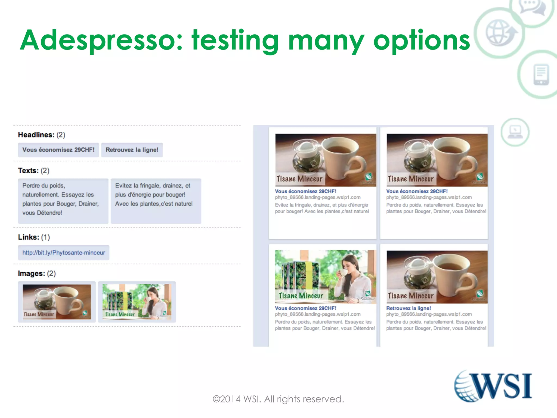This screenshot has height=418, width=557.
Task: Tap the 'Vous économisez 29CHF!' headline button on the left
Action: pyautogui.click(x=58, y=150)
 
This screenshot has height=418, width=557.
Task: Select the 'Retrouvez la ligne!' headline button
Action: pyautogui.click(x=132, y=150)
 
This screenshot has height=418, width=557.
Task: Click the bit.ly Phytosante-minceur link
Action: pyautogui.click(x=64, y=253)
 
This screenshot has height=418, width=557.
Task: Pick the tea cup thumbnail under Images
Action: pyautogui.click(x=57, y=302)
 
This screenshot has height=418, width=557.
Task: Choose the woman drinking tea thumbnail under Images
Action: pyautogui.click(x=137, y=302)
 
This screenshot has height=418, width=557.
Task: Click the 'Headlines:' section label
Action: pyautogui.click(x=36, y=135)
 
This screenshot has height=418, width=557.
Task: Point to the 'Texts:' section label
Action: pyautogui.click(x=28, y=171)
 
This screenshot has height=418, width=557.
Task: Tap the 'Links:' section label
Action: pyautogui.click(x=29, y=237)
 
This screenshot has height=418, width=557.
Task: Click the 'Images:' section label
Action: pyautogui.click(x=31, y=273)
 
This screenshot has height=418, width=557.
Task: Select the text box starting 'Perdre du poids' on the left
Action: pyautogui.click(x=63, y=201)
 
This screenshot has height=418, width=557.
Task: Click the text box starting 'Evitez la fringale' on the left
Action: pyautogui.click(x=156, y=201)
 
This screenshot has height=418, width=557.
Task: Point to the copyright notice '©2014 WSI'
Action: pyautogui.click(x=278, y=399)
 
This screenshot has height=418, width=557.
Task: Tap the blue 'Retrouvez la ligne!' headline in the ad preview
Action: pyautogui.click(x=409, y=308)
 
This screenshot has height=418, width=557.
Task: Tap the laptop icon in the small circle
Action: pyautogui.click(x=515, y=132)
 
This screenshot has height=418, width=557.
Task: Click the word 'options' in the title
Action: pyautogui.click(x=422, y=40)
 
